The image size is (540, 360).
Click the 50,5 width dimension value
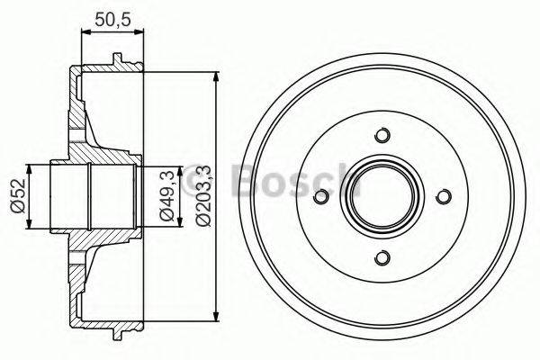[x=112, y=15]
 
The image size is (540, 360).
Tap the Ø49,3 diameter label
[x=166, y=196]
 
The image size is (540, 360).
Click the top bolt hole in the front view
[x=382, y=136]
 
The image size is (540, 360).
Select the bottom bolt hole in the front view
[x=382, y=258]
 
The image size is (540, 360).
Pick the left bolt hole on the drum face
[x=320, y=197]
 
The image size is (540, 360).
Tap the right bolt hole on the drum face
[x=443, y=197]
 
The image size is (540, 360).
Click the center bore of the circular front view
[x=382, y=197]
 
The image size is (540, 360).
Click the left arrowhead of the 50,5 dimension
[x=85, y=33]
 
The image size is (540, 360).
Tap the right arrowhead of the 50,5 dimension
[x=140, y=33]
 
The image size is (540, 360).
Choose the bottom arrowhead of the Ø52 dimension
[x=32, y=225]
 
